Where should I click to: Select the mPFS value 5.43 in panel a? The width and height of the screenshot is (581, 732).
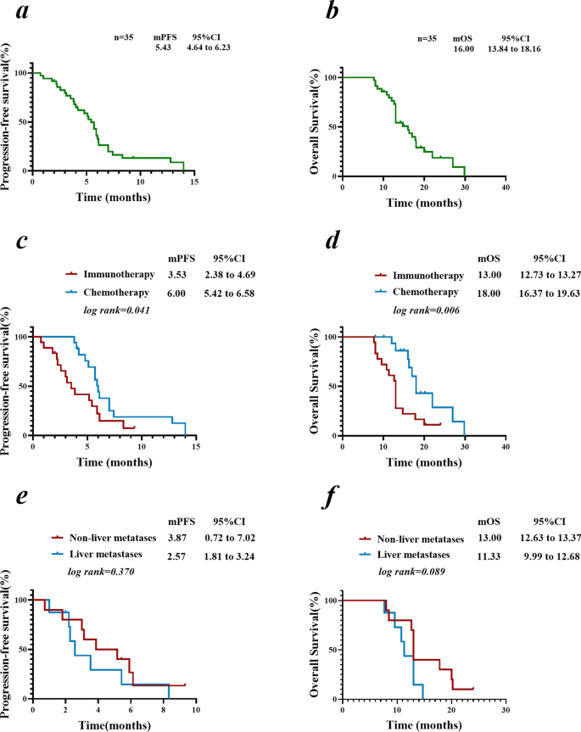[x=164, y=48]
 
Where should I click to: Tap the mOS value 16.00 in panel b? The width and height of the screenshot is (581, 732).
[x=462, y=49]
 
